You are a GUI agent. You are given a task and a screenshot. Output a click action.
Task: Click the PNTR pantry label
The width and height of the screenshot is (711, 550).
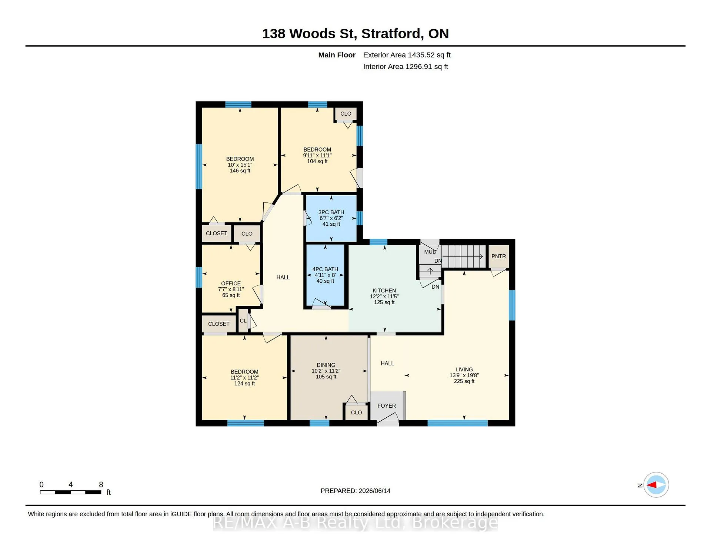click(x=498, y=256)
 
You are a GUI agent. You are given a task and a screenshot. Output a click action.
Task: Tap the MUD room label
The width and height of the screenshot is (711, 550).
click(x=430, y=252)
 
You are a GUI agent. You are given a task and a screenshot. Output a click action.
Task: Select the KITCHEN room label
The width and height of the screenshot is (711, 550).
click(x=384, y=291)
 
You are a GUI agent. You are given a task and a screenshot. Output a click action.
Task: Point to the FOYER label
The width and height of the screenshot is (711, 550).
click(x=387, y=406)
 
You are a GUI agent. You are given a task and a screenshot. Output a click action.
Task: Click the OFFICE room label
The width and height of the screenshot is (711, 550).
click(x=231, y=284)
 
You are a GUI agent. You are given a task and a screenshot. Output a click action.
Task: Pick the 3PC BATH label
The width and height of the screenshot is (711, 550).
click(x=331, y=212)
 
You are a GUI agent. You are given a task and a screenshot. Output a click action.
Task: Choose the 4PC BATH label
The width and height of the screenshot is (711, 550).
click(x=325, y=269)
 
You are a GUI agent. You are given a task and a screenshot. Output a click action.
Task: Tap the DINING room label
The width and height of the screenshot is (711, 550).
click(x=326, y=365)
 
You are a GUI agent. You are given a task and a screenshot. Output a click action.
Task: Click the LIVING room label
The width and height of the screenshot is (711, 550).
click(x=464, y=370)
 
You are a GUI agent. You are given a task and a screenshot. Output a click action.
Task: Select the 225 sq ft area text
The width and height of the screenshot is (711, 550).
click(x=464, y=381)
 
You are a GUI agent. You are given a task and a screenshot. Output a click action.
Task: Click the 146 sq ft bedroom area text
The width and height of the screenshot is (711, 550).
click(x=240, y=171)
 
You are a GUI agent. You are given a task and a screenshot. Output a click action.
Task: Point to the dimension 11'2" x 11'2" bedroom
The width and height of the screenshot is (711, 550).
click(x=244, y=378)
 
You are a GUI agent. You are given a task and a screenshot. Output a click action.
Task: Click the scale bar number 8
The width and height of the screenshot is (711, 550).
click(x=101, y=484)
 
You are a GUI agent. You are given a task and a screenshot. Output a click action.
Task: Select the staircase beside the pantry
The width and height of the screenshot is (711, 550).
click(x=463, y=256)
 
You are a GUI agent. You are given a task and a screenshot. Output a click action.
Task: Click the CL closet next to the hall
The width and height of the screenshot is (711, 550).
click(x=243, y=321)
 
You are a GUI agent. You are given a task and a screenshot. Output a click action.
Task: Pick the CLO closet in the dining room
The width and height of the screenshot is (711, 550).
click(x=356, y=412)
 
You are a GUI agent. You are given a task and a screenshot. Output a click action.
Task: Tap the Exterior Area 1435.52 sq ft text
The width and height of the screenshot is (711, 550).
click(x=407, y=55)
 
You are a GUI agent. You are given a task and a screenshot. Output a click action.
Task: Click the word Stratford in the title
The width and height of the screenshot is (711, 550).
click(x=393, y=34)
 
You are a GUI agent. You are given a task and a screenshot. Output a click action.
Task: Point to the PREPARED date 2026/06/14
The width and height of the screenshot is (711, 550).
click(x=374, y=491)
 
